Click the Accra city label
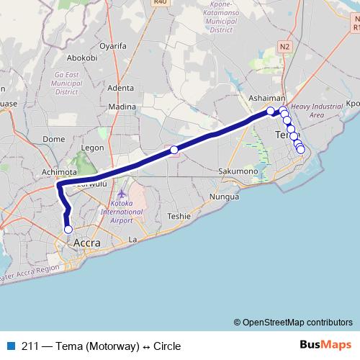click(x=87, y=243)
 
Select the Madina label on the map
click(x=122, y=107)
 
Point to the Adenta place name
click(x=120, y=88)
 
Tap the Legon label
click(x=93, y=148)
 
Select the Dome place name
click(x=55, y=139)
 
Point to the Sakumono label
click(x=238, y=171)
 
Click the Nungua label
click(x=223, y=196)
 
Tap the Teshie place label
click(x=178, y=215)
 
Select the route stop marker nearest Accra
click(x=68, y=230)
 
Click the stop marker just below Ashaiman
click(x=271, y=111)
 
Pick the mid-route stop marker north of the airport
click(x=174, y=150)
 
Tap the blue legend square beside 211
click(x=9, y=346)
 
